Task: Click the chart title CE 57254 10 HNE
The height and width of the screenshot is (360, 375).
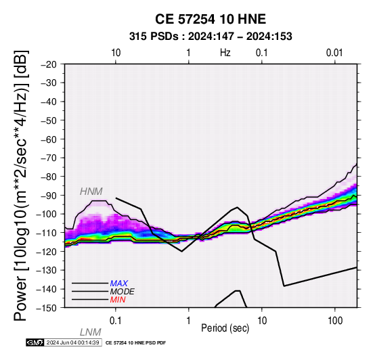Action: click(x=211, y=19)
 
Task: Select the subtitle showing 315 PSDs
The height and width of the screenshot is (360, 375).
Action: click(x=211, y=37)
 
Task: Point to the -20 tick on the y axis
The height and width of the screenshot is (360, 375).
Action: click(x=49, y=64)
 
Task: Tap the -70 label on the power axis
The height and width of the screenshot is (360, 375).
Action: click(x=49, y=158)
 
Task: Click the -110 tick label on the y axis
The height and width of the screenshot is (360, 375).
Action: click(x=47, y=233)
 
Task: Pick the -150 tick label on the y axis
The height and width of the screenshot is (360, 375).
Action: click(x=47, y=308)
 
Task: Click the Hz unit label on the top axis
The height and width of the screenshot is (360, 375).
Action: click(x=225, y=53)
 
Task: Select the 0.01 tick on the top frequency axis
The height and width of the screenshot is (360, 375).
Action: click(x=334, y=53)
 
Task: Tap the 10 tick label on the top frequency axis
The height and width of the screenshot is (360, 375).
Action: click(x=116, y=53)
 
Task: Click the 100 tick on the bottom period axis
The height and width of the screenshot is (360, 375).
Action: click(x=335, y=321)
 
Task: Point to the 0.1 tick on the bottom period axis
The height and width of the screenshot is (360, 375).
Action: click(x=116, y=321)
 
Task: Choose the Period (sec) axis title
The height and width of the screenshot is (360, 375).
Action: click(x=225, y=328)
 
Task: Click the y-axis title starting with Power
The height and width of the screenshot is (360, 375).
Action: click(x=20, y=185)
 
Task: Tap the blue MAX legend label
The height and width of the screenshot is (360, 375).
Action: click(x=119, y=284)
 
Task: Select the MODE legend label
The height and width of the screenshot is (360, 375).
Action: click(x=123, y=292)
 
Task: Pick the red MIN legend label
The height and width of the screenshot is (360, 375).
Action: click(x=118, y=300)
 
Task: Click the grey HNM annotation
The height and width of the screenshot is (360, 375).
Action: click(x=91, y=192)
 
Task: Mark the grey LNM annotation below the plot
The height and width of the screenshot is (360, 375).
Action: click(x=91, y=332)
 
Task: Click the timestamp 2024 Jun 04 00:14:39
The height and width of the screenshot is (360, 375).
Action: click(x=72, y=342)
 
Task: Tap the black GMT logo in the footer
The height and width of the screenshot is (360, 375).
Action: click(x=35, y=342)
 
